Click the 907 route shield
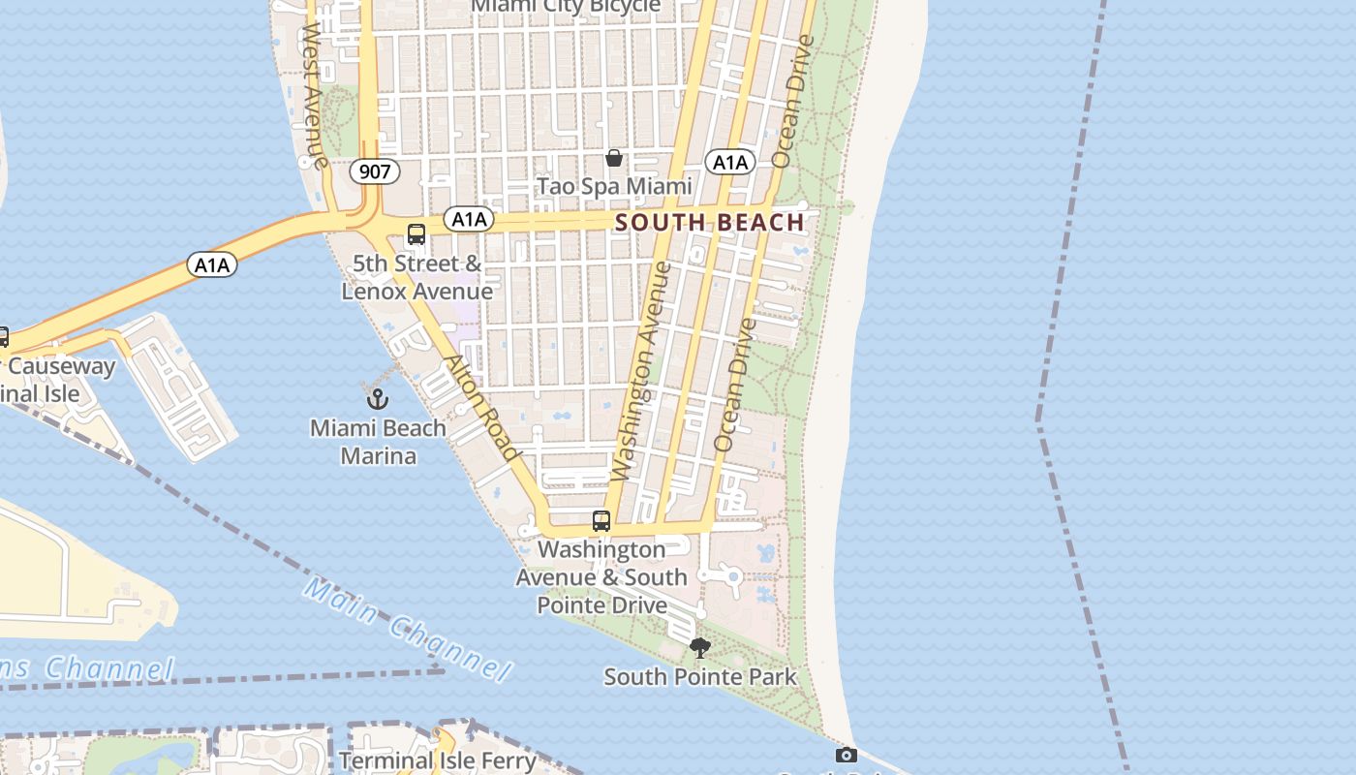[374, 172]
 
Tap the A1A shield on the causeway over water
[212, 264]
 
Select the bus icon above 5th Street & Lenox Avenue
[416, 234]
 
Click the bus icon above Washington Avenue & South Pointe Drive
[601, 521]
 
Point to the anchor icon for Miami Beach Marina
[377, 398]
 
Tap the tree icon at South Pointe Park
[699, 648]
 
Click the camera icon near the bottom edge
[846, 755]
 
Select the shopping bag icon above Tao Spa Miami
[614, 158]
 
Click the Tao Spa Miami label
[614, 186]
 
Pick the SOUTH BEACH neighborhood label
[710, 222]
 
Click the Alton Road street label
[481, 407]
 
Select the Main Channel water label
[407, 629]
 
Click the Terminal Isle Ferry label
[438, 760]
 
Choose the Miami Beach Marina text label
[378, 442]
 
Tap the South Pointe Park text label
[700, 676]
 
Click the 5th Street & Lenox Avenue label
[417, 277]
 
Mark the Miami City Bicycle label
[566, 7]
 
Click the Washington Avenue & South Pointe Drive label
[601, 577]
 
